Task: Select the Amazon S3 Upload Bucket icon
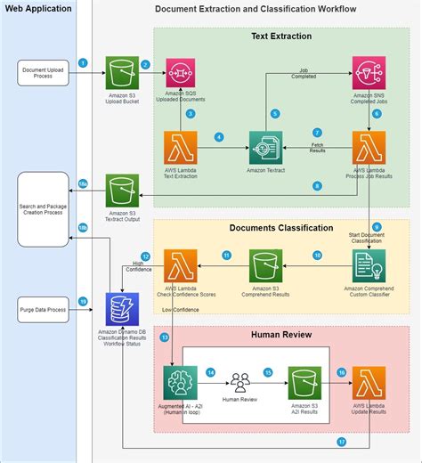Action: coord(122,71)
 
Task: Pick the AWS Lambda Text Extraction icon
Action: coord(181,148)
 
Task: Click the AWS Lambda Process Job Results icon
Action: coord(369,148)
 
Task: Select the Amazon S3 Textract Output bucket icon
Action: coord(122,191)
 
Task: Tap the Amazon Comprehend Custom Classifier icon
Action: coord(369,266)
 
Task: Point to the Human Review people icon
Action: coord(239,383)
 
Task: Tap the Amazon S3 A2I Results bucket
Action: coord(303,382)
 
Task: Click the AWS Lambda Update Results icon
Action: coord(369,382)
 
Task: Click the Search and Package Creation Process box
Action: coord(43,210)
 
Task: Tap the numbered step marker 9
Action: coord(377,227)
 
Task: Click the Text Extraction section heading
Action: coord(281,37)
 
